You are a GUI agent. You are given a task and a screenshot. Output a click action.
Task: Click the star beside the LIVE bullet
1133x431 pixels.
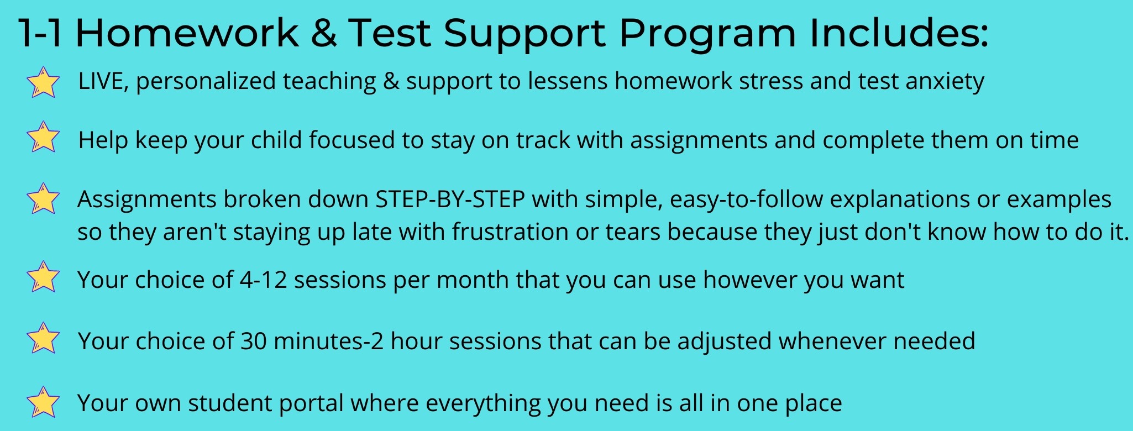pyautogui.click(x=43, y=82)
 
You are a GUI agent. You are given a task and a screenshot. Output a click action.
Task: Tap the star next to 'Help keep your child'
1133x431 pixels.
pyautogui.click(x=43, y=137)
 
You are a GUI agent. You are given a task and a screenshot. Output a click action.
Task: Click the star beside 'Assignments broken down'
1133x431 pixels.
pyautogui.click(x=43, y=199)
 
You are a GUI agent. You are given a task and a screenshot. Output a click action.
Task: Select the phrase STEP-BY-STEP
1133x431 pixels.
pyautogui.click(x=450, y=199)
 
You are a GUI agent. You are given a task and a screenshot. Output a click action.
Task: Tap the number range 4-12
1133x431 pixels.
pyautogui.click(x=263, y=280)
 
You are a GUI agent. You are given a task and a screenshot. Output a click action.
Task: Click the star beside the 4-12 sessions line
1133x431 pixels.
pyautogui.click(x=43, y=277)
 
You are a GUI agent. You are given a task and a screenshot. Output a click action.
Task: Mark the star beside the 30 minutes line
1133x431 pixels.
pyautogui.click(x=43, y=338)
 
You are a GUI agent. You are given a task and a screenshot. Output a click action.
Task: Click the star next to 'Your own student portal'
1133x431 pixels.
pyautogui.click(x=43, y=402)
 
